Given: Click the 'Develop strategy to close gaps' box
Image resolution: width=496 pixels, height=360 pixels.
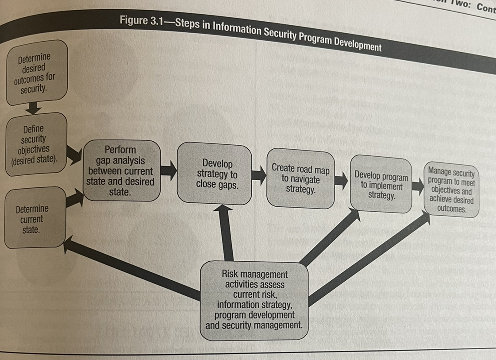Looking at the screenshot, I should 215,174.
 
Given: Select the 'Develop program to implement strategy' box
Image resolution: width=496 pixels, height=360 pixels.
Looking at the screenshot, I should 381,184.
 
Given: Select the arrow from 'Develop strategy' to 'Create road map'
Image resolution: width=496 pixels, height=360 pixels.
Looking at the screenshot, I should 259,175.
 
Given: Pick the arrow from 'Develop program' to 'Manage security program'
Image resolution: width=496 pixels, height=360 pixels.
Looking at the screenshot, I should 418,186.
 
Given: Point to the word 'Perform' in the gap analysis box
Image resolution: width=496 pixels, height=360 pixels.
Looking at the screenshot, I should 120,150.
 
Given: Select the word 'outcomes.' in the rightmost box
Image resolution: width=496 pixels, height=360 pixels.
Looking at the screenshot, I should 452,209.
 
